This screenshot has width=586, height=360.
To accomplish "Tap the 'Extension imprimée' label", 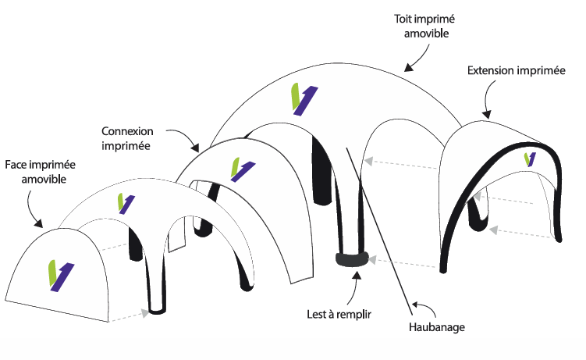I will [516, 71].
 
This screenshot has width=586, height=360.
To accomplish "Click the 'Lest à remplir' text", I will [338, 315].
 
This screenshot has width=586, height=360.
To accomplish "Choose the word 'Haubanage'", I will [437, 327].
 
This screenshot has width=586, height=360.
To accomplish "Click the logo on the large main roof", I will [304, 98].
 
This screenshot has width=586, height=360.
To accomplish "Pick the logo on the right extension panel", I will [531, 159].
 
